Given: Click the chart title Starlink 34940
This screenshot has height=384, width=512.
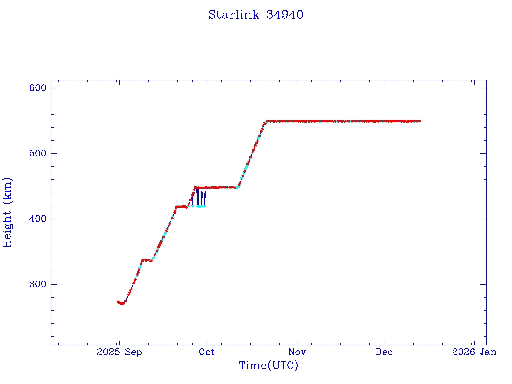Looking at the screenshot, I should click(256, 15).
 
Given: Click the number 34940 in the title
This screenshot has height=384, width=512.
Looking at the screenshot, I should click(285, 15).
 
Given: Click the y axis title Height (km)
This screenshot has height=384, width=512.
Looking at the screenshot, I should click(7, 212).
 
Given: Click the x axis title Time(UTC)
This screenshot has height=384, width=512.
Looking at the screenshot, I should click(268, 366).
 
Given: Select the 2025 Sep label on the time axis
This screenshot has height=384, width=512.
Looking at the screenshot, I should click(119, 352).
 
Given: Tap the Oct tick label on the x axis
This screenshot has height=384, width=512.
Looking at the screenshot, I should click(206, 352).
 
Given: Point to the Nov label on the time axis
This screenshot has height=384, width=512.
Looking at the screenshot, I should click(297, 352).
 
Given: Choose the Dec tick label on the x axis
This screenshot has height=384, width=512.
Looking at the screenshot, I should click(384, 352).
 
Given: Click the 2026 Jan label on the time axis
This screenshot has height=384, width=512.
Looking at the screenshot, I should click(474, 352).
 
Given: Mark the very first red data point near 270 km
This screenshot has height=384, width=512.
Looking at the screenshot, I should click(118, 302).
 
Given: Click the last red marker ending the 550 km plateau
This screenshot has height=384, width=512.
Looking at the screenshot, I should click(420, 121).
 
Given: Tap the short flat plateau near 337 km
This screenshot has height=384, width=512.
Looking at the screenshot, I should click(147, 260).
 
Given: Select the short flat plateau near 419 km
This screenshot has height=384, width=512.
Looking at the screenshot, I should click(181, 206).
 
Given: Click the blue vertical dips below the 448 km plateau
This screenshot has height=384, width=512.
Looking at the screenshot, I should click(200, 197).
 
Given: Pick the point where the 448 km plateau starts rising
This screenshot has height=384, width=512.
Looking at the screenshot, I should click(238, 187).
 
